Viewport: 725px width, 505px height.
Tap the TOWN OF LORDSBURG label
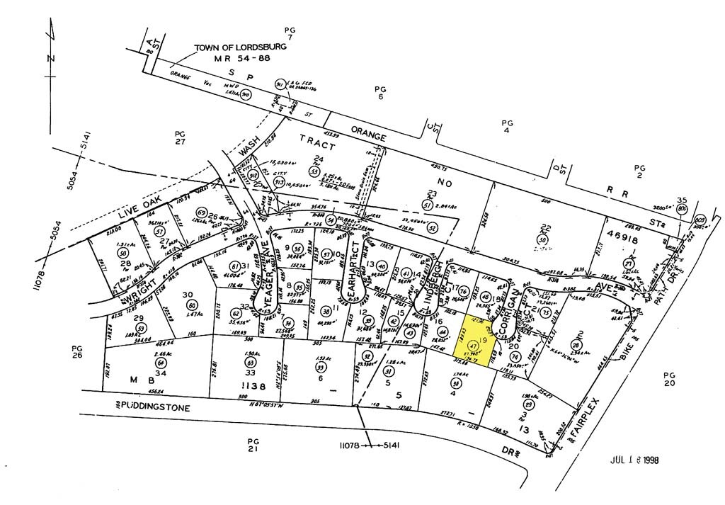(x=241, y=47)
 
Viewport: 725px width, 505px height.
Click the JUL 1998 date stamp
(x=634, y=460)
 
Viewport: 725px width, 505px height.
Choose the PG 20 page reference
(x=669, y=378)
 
